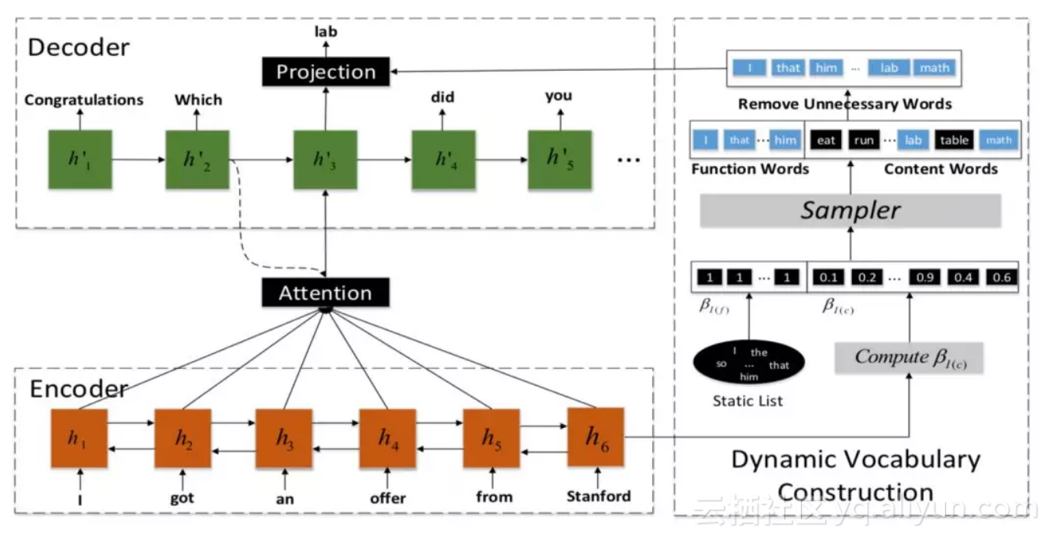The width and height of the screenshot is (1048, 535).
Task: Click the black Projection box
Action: click(326, 72)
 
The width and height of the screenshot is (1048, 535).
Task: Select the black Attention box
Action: click(325, 293)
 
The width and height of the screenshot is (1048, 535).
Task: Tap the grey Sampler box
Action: click(850, 210)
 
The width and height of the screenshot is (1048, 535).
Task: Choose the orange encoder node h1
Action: click(78, 438)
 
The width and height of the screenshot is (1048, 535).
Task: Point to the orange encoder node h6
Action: click(596, 436)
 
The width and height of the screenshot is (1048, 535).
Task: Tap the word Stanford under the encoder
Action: click(598, 496)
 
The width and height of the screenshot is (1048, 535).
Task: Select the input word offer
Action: click(388, 497)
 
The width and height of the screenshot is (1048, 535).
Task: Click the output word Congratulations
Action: click(84, 100)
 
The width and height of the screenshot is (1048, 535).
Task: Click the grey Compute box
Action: click(910, 357)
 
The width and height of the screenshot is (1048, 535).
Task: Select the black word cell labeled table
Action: click(954, 141)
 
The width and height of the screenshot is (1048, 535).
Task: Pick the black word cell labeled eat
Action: click(825, 141)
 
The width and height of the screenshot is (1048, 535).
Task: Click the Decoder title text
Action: click(79, 46)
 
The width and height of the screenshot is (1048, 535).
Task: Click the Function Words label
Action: click(750, 169)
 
